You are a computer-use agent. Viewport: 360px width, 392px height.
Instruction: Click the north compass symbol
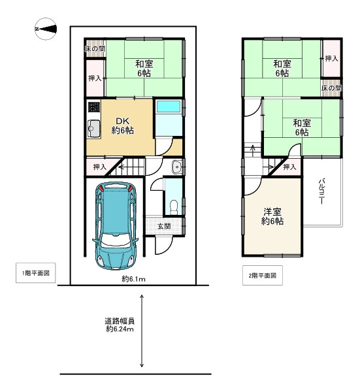tap(46, 29)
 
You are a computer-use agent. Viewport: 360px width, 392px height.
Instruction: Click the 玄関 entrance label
tap(164, 226)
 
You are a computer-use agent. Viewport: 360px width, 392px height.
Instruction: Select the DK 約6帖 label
tap(122, 125)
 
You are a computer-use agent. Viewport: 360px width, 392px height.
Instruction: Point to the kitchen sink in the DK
tap(93, 129)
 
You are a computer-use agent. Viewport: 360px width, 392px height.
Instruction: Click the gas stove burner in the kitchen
tap(94, 107)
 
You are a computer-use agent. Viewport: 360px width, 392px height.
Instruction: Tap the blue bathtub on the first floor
tap(169, 107)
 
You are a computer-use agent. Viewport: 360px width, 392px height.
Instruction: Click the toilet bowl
tap(174, 206)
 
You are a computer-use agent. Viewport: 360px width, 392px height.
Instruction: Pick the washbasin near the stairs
tap(177, 166)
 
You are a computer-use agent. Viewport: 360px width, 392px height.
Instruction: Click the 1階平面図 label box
tap(36, 273)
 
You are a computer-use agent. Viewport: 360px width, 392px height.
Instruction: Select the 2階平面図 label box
tap(263, 276)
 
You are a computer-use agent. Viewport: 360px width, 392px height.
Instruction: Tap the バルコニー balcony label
tap(321, 191)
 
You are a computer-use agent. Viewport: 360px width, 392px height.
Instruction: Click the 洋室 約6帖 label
tap(272, 216)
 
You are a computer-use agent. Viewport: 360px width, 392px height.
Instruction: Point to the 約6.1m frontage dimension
tap(133, 279)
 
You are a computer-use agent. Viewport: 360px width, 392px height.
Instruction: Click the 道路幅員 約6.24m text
tap(120, 325)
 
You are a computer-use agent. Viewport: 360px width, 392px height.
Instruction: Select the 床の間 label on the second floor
tap(331, 88)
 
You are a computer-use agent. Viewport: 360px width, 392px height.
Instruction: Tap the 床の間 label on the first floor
tap(95, 49)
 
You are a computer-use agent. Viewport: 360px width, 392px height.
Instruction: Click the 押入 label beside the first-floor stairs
tap(100, 167)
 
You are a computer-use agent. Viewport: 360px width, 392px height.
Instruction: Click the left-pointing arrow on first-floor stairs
tap(122, 167)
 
